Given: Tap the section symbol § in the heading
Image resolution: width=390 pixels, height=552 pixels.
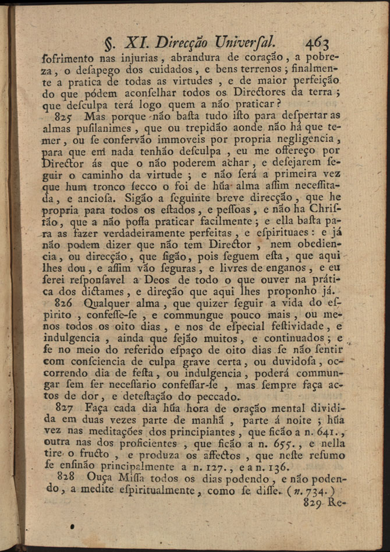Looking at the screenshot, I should (108, 43).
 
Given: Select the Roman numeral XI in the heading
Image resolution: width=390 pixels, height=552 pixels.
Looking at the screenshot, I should (136, 42).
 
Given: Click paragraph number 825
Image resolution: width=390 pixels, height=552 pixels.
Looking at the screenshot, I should (70, 116).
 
